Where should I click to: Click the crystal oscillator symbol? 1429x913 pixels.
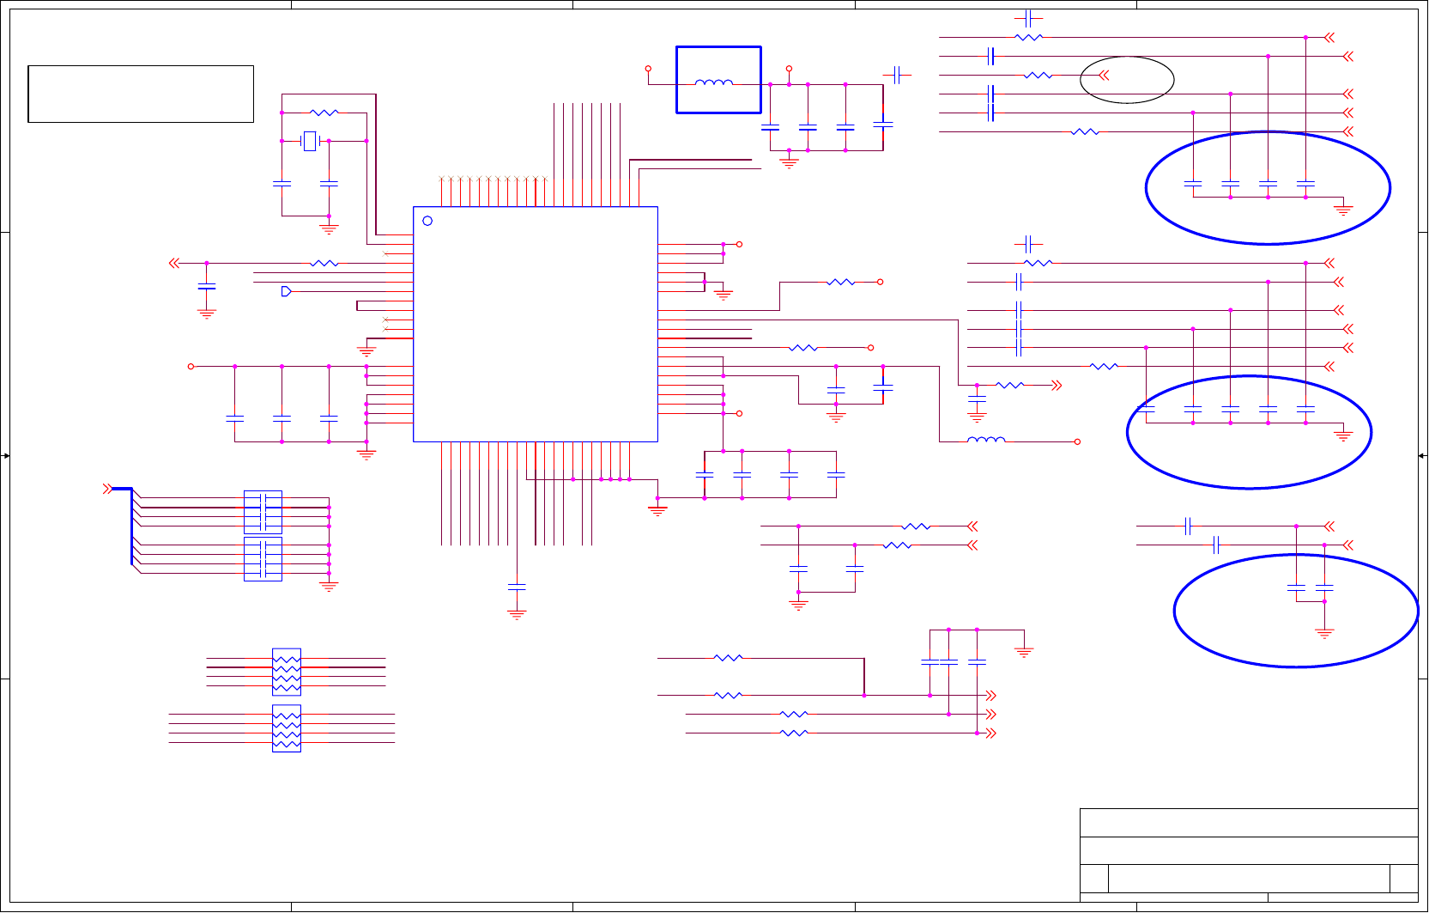pyautogui.click(x=310, y=141)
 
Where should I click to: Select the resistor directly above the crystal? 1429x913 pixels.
pyautogui.click(x=324, y=113)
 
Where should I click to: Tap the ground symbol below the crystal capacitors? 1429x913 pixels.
pyautogui.click(x=329, y=228)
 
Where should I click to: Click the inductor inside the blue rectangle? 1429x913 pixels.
pyautogui.click(x=714, y=83)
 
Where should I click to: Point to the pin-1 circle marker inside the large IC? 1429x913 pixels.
pyautogui.click(x=427, y=221)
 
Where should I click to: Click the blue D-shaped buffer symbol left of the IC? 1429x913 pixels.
pyautogui.click(x=286, y=291)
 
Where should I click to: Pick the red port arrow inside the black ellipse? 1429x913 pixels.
pyautogui.click(x=1104, y=76)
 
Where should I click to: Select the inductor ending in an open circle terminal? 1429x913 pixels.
pyautogui.click(x=986, y=441)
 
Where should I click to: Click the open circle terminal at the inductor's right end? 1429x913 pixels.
pyautogui.click(x=1077, y=441)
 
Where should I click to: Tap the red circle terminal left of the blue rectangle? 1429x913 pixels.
pyautogui.click(x=648, y=69)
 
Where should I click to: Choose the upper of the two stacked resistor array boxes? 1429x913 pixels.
pyautogui.click(x=287, y=672)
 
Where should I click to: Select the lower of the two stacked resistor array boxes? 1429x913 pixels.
pyautogui.click(x=287, y=728)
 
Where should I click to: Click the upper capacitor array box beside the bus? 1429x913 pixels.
pyautogui.click(x=263, y=512)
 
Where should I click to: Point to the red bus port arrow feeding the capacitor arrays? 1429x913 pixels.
pyautogui.click(x=107, y=489)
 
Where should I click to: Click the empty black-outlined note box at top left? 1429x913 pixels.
pyautogui.click(x=141, y=94)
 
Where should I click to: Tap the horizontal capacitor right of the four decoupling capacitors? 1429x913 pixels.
pyautogui.click(x=897, y=75)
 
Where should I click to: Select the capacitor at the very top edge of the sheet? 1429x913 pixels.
pyautogui.click(x=1028, y=18)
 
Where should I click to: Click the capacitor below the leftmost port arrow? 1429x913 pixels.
pyautogui.click(x=206, y=286)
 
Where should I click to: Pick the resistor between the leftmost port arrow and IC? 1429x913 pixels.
pyautogui.click(x=324, y=263)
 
